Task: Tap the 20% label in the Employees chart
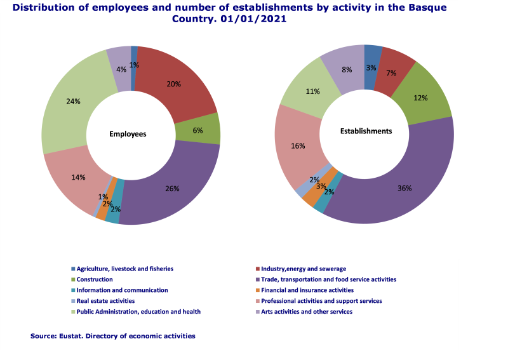[173, 84]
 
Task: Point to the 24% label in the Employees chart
[73, 100]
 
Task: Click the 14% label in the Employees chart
[79, 177]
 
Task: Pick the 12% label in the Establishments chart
[420, 98]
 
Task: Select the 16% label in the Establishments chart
[297, 145]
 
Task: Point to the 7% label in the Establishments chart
[391, 73]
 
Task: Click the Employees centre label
[128, 134]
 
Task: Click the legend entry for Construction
[95, 279]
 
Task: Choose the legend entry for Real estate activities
[105, 301]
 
